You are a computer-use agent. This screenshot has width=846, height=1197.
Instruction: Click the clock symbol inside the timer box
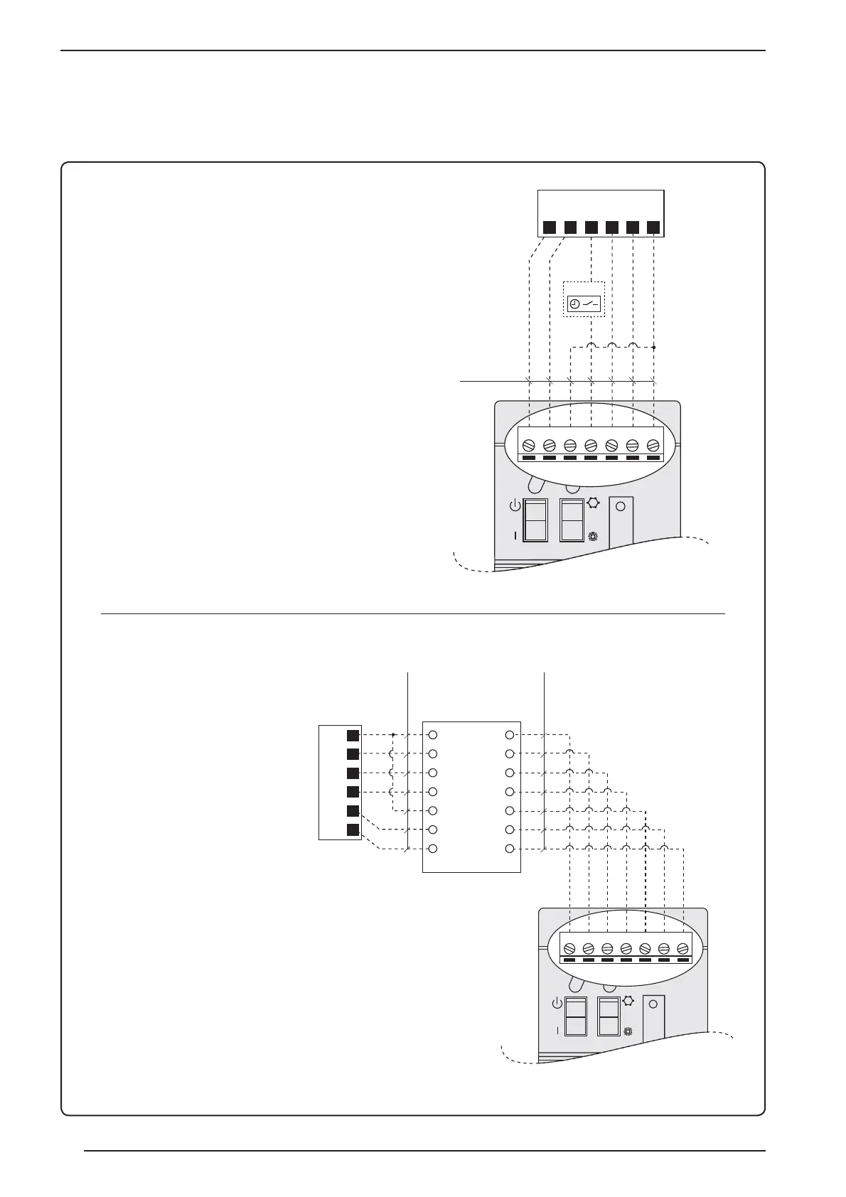tap(574, 304)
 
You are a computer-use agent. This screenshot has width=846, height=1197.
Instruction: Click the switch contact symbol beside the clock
tap(591, 304)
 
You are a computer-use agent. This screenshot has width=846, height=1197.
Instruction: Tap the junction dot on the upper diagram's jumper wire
tap(653, 348)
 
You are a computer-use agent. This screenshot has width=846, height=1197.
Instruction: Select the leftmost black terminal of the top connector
tap(550, 228)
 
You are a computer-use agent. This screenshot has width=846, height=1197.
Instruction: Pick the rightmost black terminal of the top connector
tap(653, 228)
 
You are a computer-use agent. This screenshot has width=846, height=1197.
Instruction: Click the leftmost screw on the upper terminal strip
tap(529, 445)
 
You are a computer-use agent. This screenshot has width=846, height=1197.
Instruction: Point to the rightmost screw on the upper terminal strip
tap(653, 445)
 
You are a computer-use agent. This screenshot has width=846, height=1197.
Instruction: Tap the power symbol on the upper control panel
tap(515, 507)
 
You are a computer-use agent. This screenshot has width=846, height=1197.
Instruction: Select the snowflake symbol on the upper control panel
tap(592, 537)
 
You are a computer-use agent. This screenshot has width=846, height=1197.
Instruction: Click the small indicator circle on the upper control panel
tap(620, 507)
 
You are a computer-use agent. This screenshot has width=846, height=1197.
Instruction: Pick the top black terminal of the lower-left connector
tap(352, 735)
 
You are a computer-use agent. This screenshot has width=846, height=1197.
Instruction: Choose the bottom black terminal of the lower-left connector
tap(352, 830)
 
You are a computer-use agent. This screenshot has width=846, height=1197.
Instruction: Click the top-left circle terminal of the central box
tap(432, 735)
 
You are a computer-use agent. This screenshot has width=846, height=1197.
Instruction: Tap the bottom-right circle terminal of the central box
tap(509, 849)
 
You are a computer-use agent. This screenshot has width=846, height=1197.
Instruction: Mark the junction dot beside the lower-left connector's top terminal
tap(393, 735)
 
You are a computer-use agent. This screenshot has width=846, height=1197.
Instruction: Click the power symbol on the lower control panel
tap(557, 1004)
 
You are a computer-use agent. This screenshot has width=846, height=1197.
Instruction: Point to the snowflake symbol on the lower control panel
tap(628, 1031)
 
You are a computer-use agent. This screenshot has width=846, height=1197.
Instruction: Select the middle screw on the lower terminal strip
tap(626, 948)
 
